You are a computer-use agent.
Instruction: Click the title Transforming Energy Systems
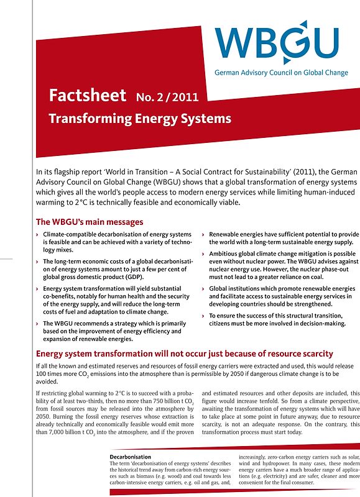(x=139, y=119)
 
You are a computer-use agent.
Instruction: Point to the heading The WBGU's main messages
(x=90, y=222)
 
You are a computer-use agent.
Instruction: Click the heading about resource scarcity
(x=185, y=354)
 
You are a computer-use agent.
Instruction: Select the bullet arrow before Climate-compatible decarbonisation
(x=38, y=234)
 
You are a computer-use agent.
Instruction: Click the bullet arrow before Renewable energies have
(x=204, y=234)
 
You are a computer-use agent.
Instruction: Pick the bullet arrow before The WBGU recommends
(x=38, y=324)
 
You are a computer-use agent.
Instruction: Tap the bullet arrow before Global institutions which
(x=204, y=289)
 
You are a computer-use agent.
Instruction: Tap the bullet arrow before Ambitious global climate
(x=204, y=254)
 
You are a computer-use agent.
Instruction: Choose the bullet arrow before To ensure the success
(x=204, y=316)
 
